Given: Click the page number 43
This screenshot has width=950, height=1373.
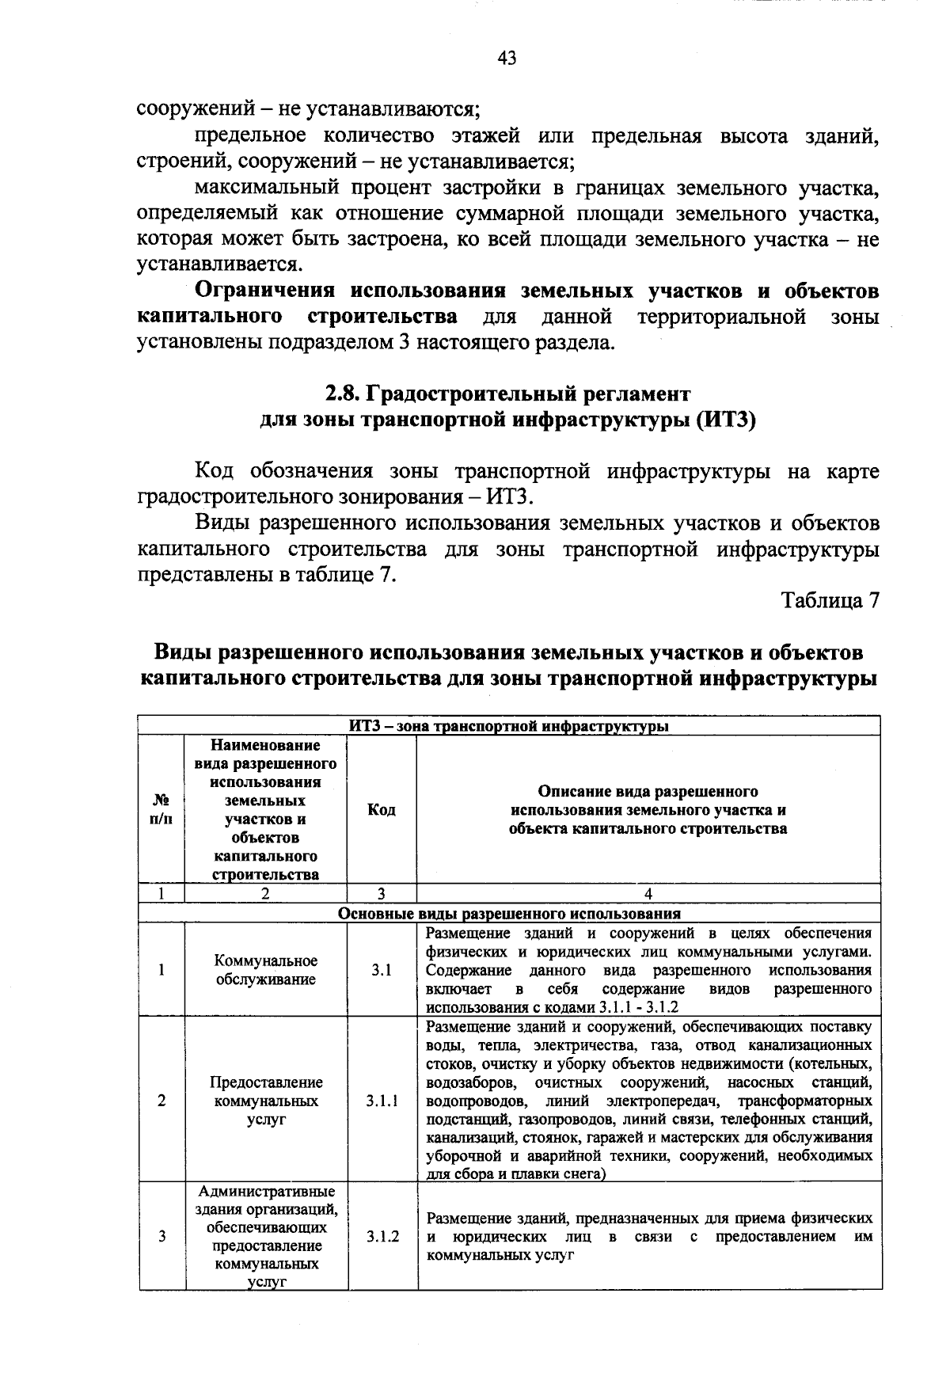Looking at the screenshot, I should (x=507, y=58).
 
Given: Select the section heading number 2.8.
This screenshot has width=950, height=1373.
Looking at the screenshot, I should (x=344, y=394).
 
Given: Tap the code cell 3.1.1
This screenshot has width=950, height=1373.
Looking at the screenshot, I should (x=382, y=1101).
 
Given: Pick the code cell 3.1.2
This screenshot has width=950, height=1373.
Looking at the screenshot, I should (x=382, y=1237).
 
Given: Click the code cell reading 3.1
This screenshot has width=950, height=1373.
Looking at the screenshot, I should (x=382, y=970).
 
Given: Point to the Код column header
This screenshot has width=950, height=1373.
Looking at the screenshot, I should (x=382, y=809).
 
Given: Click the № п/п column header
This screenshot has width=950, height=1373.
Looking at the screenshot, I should (x=161, y=809).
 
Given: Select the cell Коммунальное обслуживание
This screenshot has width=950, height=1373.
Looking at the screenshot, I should (x=266, y=970).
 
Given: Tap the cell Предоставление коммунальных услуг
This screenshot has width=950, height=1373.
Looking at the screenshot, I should (x=266, y=1101).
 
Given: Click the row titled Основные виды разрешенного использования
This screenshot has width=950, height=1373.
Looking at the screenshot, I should (x=509, y=912).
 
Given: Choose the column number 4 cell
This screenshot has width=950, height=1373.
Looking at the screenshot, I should (x=648, y=893).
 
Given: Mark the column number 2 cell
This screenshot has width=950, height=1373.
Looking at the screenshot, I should (x=266, y=893).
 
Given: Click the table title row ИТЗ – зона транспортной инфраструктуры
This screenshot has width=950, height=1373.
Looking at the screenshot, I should (x=509, y=725).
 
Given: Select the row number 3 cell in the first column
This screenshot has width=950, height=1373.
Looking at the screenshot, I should (x=161, y=1237).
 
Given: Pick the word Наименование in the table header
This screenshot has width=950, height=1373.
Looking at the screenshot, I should (x=266, y=745).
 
